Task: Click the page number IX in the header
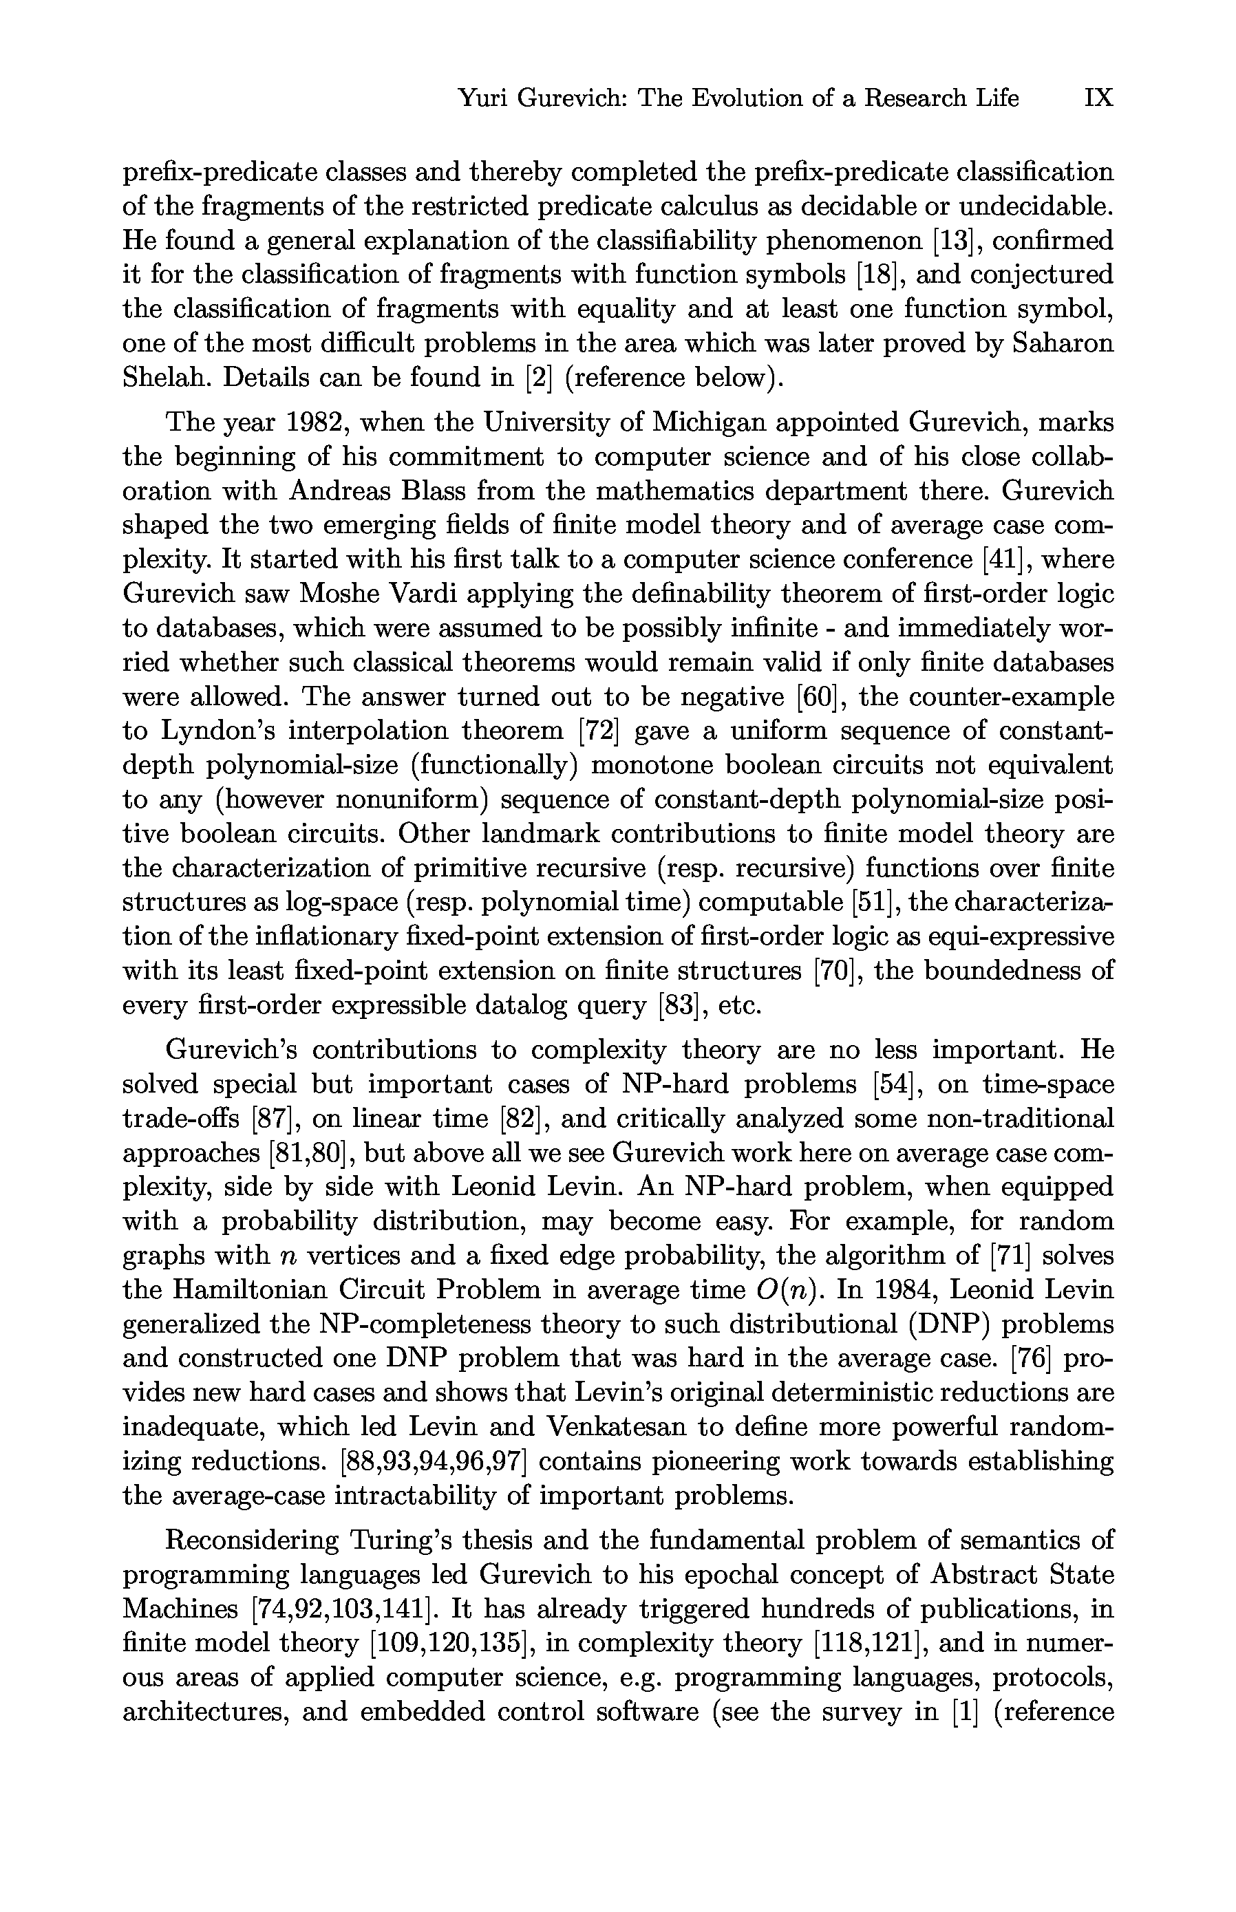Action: [x=1098, y=98]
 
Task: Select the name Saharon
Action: [x=1063, y=343]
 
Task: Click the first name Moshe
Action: [x=338, y=594]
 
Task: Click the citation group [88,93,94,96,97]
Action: [x=433, y=1462]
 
